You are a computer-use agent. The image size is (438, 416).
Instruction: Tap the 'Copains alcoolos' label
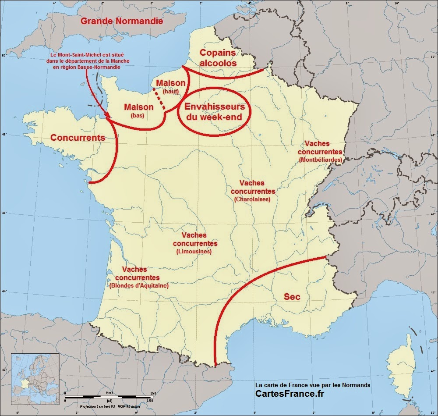point(218,57)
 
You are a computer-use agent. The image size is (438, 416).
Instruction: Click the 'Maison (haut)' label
point(171,86)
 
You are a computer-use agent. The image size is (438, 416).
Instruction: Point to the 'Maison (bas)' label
point(138,110)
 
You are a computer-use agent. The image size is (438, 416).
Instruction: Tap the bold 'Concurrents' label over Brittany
point(78,137)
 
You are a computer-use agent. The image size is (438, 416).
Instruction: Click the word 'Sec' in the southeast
point(292,297)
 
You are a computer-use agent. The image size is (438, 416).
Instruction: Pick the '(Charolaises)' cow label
point(252,199)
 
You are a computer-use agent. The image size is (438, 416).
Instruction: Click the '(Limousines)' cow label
point(194,252)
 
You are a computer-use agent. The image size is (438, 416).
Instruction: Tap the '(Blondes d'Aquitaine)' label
point(138,285)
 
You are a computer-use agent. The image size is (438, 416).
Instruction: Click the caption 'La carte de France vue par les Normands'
point(313,384)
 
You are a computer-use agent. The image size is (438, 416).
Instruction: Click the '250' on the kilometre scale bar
point(153,393)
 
